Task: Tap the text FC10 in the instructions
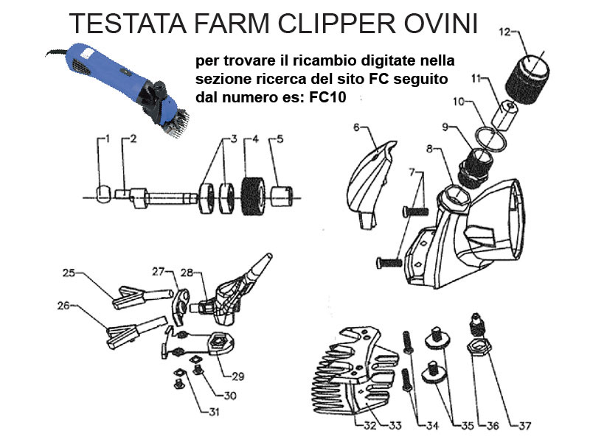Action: (327, 97)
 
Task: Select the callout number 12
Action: (504, 32)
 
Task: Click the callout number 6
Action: (357, 127)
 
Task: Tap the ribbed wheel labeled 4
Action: (252, 196)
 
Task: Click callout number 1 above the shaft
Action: (108, 139)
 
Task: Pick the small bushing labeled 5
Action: (282, 196)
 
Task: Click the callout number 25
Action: (69, 273)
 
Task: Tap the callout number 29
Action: (237, 376)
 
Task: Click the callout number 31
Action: (214, 412)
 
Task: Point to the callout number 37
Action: (524, 426)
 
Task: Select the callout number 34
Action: (432, 426)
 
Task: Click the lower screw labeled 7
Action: (389, 262)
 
